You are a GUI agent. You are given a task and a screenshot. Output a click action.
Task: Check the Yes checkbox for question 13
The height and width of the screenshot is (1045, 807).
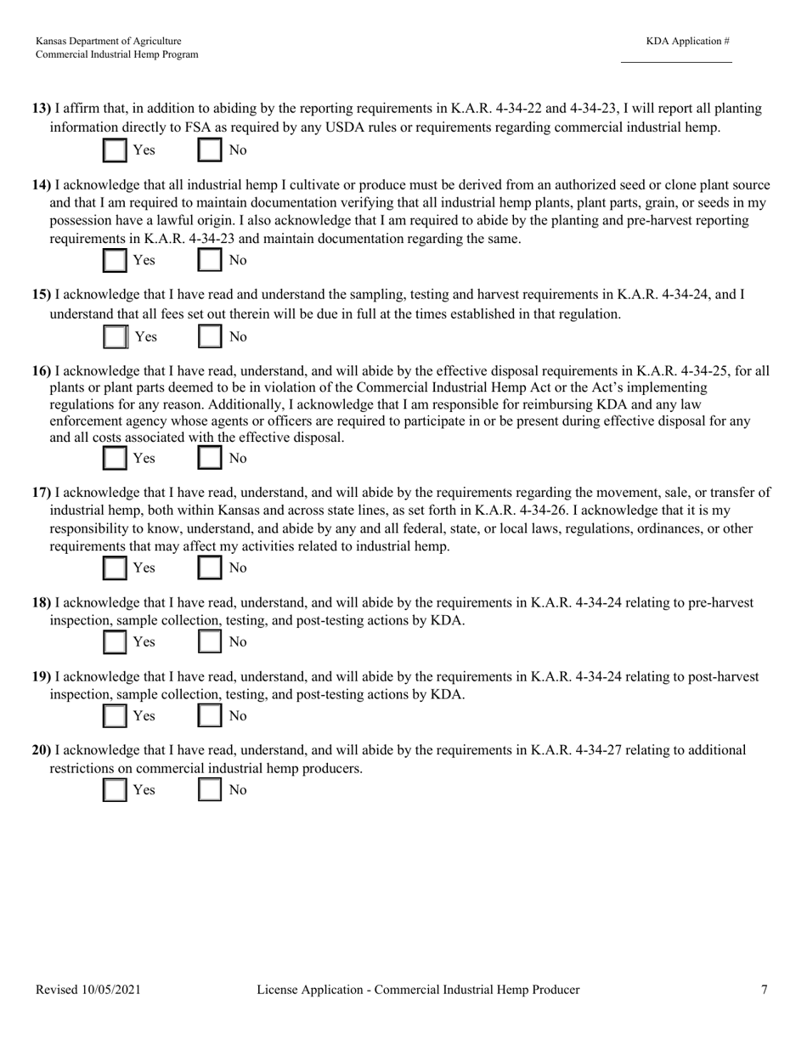click(114, 150)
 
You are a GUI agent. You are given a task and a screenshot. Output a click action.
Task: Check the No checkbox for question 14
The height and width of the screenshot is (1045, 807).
click(210, 260)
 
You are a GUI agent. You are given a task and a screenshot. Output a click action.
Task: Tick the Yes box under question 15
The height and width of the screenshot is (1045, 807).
click(115, 337)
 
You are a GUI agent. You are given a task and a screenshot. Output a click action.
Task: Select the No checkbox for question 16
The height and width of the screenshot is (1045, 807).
click(210, 459)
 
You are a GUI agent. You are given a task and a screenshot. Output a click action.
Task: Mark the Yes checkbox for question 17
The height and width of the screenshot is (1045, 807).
click(114, 568)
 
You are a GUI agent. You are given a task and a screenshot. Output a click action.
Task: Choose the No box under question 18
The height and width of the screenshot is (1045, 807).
click(210, 641)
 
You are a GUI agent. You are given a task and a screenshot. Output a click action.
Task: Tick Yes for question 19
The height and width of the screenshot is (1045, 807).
click(114, 716)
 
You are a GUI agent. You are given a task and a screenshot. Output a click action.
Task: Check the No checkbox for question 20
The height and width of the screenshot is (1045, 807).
click(210, 790)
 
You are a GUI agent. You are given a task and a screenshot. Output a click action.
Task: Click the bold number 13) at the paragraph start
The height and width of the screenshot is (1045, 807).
click(42, 109)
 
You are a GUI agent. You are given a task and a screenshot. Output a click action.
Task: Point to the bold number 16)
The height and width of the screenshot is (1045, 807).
click(42, 371)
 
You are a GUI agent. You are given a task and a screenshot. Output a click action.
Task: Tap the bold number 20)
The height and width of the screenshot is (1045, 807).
click(42, 750)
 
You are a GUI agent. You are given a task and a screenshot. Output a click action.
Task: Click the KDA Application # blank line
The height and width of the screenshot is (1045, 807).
click(676, 60)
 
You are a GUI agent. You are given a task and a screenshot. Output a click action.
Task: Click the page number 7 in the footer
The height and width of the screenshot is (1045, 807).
click(765, 990)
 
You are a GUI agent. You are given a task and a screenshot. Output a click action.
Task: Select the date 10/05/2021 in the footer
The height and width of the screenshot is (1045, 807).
click(112, 990)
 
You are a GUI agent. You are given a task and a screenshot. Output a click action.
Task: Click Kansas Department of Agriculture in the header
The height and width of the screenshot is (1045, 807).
click(108, 41)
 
